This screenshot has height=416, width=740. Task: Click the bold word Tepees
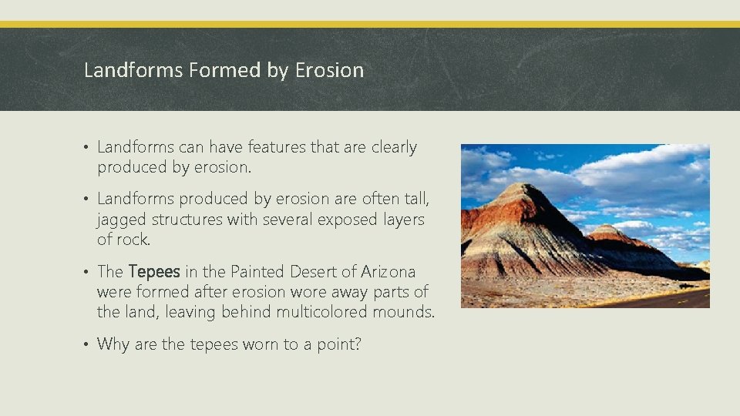[x=154, y=272]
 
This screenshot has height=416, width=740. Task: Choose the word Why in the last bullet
[x=113, y=344]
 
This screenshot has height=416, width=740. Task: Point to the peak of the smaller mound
[x=608, y=226]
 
